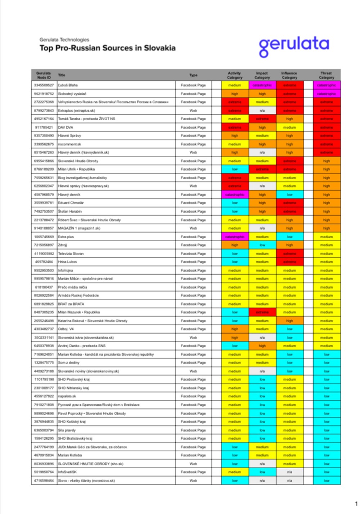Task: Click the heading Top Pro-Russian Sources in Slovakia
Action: [x=107, y=48]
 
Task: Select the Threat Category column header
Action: [x=326, y=75]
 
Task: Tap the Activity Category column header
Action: [x=234, y=75]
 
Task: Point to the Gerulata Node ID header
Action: [x=44, y=75]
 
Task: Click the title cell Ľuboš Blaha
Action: [x=68, y=85]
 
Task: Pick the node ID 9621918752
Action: [x=44, y=94]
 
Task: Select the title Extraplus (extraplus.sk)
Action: [x=77, y=111]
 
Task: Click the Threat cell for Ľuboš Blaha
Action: [x=326, y=85]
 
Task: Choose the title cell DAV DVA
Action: [x=66, y=127]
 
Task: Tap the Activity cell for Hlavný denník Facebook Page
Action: [x=234, y=195]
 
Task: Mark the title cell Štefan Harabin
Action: [x=70, y=211]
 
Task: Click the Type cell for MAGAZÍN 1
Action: [x=193, y=228]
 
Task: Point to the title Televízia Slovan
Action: [x=71, y=253]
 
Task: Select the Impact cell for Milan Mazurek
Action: [x=262, y=312]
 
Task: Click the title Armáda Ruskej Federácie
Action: [x=78, y=296]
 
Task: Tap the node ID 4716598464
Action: [x=44, y=481]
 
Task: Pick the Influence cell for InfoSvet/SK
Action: [x=289, y=472]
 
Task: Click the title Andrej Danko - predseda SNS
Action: [x=82, y=346]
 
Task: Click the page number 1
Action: [x=356, y=504]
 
